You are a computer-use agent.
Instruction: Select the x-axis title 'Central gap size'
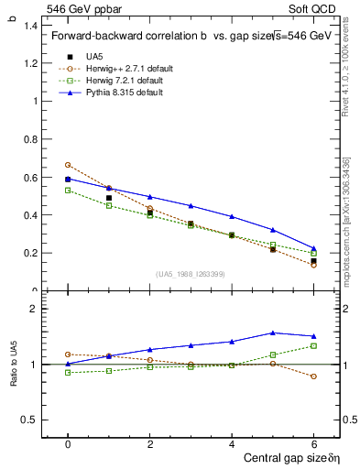tap(274, 456)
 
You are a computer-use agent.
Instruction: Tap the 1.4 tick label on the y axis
tap(31, 26)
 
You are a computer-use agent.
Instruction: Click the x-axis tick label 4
tap(232, 442)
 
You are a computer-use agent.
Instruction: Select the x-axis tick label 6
tap(313, 442)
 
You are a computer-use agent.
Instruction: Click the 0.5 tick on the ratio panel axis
tap(31, 420)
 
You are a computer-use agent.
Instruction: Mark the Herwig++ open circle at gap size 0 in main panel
tap(68, 165)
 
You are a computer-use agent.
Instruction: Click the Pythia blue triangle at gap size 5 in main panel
tap(273, 230)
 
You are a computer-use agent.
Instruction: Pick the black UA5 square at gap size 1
tap(109, 198)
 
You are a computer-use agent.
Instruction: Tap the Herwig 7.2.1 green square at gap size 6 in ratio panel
tap(313, 345)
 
